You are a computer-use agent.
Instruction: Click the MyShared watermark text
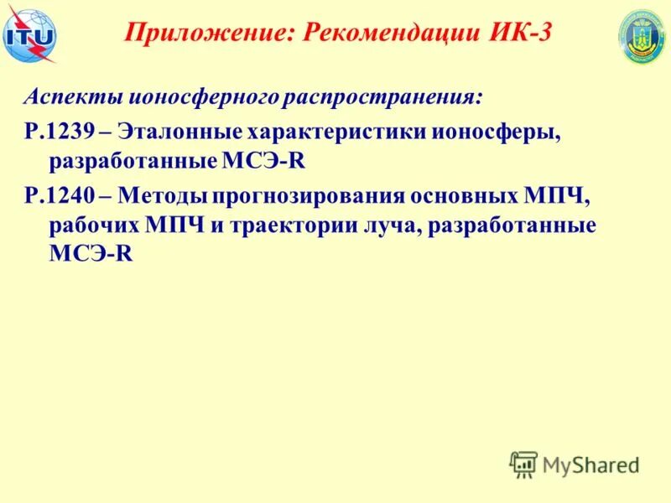pyautogui.click(x=590, y=464)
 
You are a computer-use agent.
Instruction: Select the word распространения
pyautogui.click(x=383, y=98)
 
